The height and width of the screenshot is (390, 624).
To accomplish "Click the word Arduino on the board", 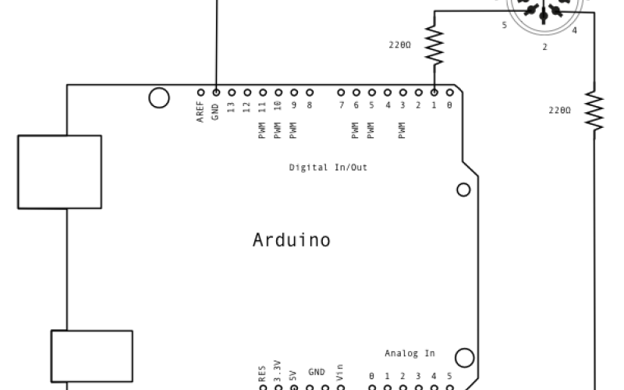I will pyautogui.click(x=291, y=239).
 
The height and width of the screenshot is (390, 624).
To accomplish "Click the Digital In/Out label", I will pyautogui.click(x=328, y=167).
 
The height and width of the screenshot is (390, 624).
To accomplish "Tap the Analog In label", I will pyautogui.click(x=409, y=353).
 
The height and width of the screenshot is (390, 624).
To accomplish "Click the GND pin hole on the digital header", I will pyautogui.click(x=215, y=91).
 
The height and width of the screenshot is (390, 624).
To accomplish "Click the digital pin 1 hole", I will pyautogui.click(x=434, y=91).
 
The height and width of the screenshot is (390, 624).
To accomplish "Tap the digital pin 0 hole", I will pyautogui.click(x=449, y=91).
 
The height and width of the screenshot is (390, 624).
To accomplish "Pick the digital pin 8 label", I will pyautogui.click(x=310, y=105).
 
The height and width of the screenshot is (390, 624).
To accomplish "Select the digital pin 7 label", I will pyautogui.click(x=341, y=105).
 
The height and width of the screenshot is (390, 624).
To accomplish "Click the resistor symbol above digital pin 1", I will pyautogui.click(x=434, y=45).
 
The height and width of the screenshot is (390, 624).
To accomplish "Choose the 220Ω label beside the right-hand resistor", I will pyautogui.click(x=559, y=111).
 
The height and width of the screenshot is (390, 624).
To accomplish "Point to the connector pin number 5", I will pyautogui.click(x=504, y=26).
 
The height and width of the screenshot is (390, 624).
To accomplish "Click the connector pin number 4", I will pyautogui.click(x=574, y=31).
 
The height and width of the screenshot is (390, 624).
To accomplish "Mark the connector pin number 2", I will pyautogui.click(x=544, y=48).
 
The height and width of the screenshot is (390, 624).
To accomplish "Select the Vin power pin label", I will pyautogui.click(x=340, y=371).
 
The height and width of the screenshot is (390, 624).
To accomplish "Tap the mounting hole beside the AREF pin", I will pyautogui.click(x=158, y=97).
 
